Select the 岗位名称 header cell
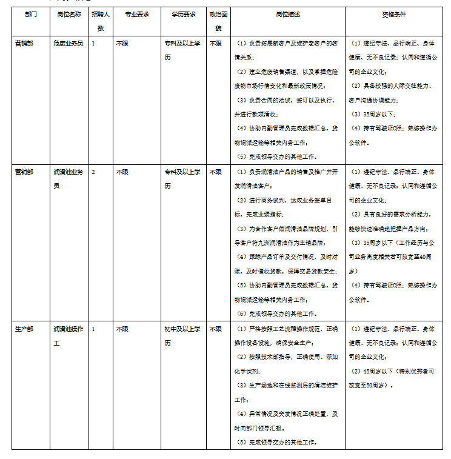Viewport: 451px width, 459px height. point(68,14)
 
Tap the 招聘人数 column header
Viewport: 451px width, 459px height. point(101,21)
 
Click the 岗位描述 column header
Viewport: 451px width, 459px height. point(287,14)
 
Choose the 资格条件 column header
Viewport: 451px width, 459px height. point(393,14)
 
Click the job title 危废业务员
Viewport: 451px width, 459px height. point(68,44)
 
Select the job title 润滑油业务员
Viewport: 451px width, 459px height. point(68,179)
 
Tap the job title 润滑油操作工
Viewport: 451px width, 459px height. point(68,335)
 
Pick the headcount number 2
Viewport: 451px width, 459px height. point(93,172)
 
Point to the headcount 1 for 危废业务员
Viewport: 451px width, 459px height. point(93,44)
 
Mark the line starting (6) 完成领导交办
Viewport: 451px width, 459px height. point(276,314)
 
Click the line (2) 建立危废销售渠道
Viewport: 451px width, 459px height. point(285,79)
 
